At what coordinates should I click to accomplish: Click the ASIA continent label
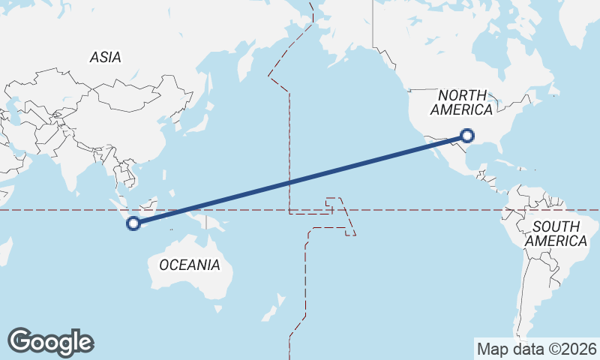click(105, 57)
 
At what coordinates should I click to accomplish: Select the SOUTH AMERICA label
click(556, 233)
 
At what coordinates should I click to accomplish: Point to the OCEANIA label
click(190, 265)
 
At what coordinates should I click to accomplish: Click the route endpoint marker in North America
click(467, 136)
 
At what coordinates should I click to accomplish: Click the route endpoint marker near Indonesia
click(133, 222)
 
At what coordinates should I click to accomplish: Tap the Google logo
click(51, 342)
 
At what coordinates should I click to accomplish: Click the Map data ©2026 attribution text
click(536, 349)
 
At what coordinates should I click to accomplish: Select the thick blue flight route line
click(300, 179)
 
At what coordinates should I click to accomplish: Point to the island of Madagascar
click(4, 251)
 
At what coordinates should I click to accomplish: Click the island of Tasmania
click(218, 307)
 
